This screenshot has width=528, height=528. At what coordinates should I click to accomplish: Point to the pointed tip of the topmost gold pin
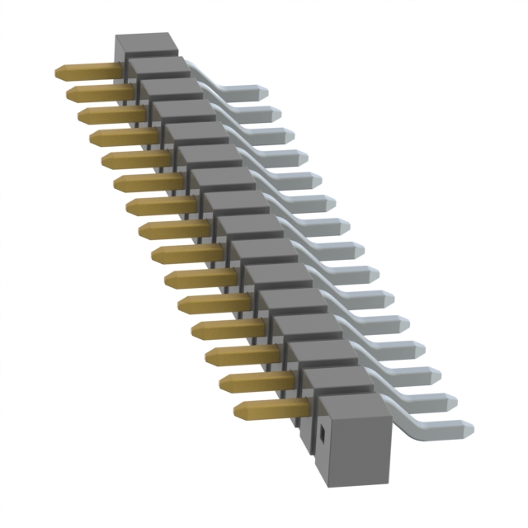click(58, 72)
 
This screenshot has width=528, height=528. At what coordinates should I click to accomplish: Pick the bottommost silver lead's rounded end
click(467, 427)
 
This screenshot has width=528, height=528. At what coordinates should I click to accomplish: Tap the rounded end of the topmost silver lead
click(264, 89)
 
